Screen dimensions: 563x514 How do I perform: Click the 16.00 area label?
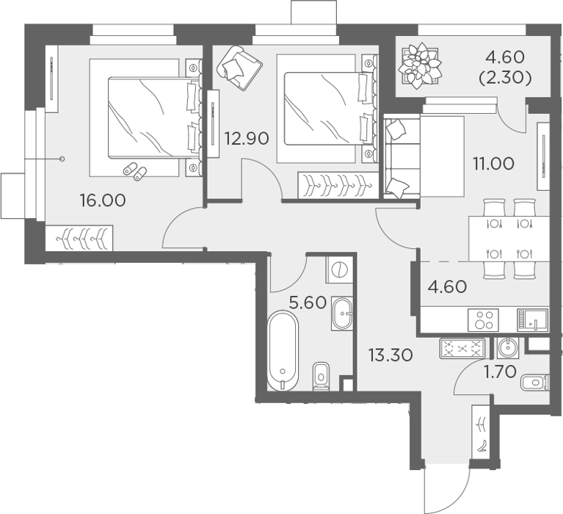103,200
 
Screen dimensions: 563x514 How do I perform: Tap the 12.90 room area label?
247,138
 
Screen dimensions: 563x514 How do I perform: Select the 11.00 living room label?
493,164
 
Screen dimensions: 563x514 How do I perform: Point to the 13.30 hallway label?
391,355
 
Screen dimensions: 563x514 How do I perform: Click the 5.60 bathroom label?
308,303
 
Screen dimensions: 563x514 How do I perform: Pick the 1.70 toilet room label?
500,372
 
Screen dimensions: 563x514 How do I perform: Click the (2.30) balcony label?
505,78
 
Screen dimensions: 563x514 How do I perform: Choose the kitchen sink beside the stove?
532,319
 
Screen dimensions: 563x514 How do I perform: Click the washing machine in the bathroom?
340,269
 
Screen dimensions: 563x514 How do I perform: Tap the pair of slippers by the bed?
135,171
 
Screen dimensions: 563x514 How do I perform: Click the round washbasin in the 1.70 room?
507,348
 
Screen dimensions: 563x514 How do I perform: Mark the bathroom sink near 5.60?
342,314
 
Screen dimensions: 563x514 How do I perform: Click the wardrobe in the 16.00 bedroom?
79,238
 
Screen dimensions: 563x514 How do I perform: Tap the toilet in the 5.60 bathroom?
322,376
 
